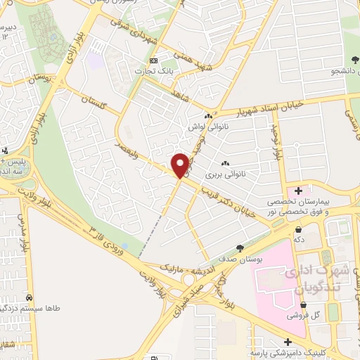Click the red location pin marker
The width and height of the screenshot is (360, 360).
coord(181,165)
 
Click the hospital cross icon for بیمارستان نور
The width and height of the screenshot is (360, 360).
coord(300,191)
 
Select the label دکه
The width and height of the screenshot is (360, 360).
coord(297,239)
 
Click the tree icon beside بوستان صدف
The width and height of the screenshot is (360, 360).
coord(240,248)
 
